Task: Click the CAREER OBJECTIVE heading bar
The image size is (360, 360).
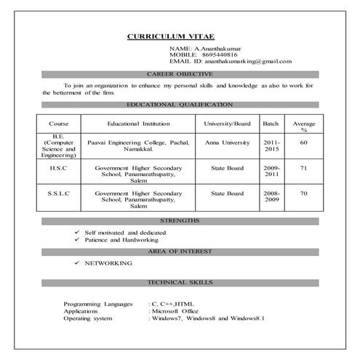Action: (180, 74)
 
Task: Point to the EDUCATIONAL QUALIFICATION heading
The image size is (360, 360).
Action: (180, 105)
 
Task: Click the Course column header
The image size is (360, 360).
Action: (58, 124)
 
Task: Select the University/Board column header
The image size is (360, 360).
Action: (227, 124)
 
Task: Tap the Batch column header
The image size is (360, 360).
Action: (271, 124)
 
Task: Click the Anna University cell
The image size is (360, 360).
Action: (227, 143)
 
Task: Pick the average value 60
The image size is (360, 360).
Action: (303, 143)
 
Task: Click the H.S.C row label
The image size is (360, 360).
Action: (58, 168)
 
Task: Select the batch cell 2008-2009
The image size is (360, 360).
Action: (271, 197)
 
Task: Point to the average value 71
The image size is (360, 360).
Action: (303, 168)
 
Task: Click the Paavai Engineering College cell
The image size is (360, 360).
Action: (138, 146)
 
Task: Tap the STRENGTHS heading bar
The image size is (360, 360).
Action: (180, 220)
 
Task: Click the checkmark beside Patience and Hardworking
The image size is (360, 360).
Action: (76, 239)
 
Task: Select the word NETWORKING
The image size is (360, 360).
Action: (108, 263)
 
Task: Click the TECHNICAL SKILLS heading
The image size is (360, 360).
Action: (180, 281)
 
